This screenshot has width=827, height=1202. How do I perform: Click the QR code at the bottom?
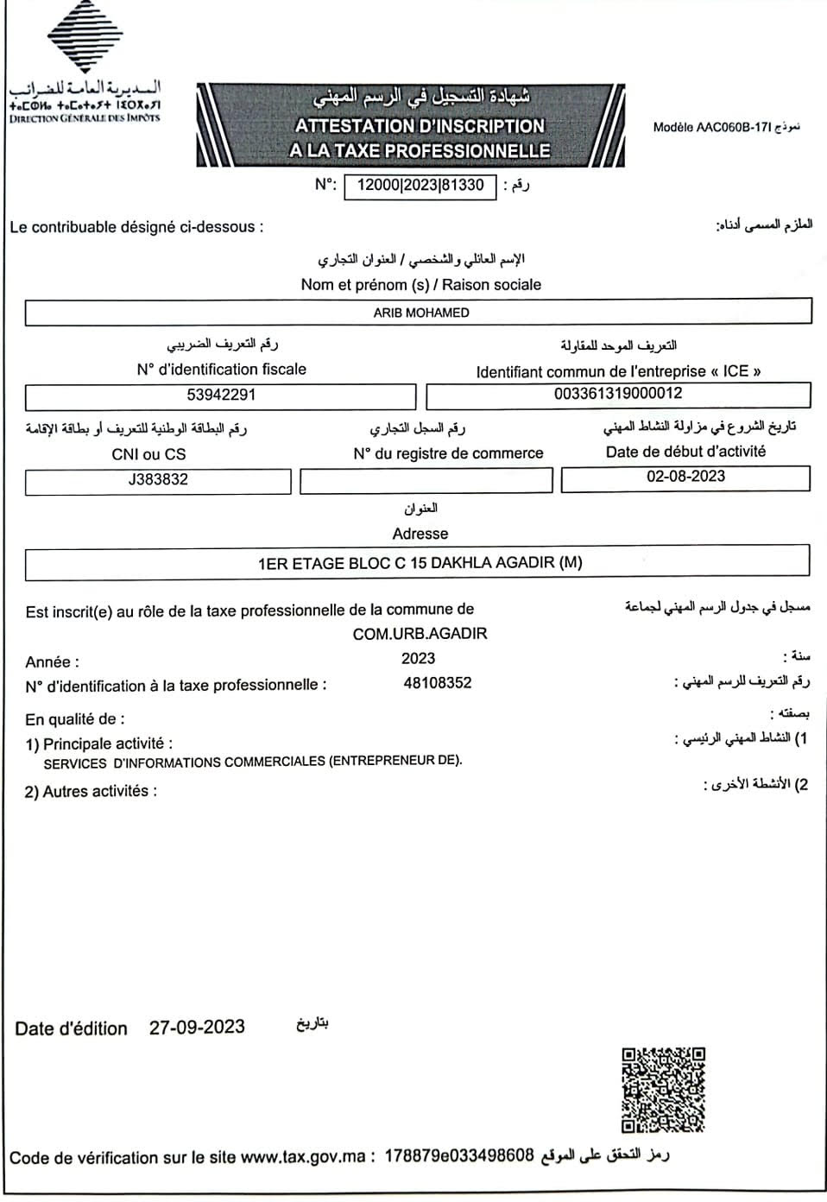click(x=663, y=1089)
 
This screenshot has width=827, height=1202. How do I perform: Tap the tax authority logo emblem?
click(x=84, y=36)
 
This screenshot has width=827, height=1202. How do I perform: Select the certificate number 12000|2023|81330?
click(x=420, y=186)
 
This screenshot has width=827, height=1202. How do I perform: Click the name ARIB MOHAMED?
click(x=421, y=313)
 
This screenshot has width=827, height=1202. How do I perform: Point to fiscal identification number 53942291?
click(x=221, y=395)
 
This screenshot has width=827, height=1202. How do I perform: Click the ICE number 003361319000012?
click(x=618, y=394)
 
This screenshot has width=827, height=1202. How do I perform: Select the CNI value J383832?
click(x=158, y=480)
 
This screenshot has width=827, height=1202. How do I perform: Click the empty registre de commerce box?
click(x=426, y=481)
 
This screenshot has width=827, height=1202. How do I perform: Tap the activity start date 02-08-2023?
click(x=685, y=477)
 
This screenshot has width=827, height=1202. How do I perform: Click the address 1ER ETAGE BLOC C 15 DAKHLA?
click(x=420, y=563)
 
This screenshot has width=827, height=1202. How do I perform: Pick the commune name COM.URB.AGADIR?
click(x=420, y=634)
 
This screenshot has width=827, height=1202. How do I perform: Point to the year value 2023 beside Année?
click(x=418, y=659)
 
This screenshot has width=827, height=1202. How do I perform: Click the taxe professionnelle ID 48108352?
click(x=438, y=683)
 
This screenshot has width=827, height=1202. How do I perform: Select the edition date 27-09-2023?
click(x=197, y=1028)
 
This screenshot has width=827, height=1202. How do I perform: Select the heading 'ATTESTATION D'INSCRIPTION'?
click(x=420, y=126)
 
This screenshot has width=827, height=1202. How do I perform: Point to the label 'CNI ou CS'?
click(x=148, y=454)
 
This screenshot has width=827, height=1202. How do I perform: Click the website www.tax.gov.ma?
click(x=303, y=1157)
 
